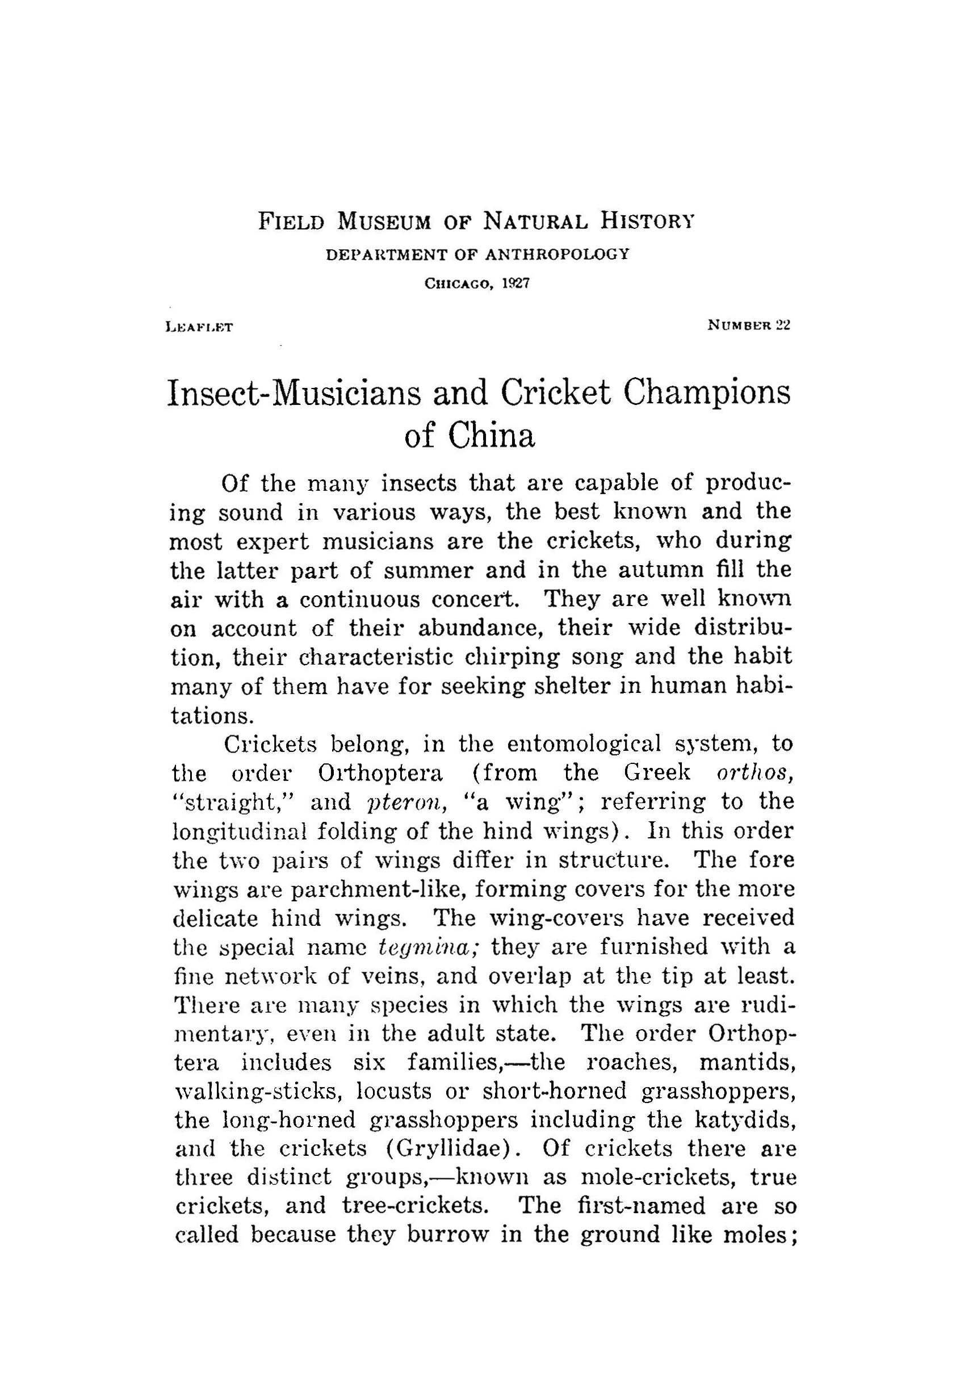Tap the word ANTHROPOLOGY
557,254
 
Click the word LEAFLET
200,327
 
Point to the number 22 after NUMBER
783,325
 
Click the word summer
427,569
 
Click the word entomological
584,744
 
